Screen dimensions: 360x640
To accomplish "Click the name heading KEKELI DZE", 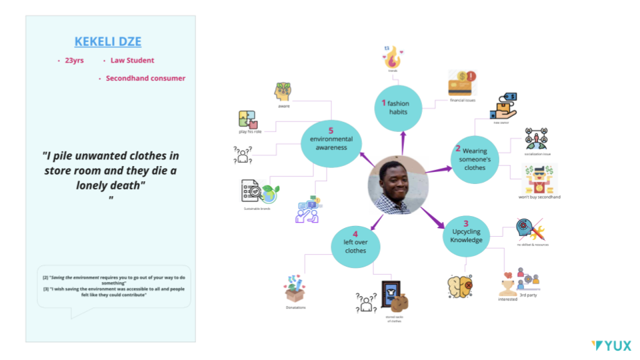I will [108, 41].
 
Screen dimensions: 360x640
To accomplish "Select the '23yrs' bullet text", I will [74, 61].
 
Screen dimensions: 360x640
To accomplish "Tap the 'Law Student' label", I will [132, 61].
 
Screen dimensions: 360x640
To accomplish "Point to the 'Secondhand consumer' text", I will [145, 79].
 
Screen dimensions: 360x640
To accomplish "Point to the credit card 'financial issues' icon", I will [461, 85].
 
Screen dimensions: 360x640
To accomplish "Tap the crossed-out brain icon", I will [460, 286].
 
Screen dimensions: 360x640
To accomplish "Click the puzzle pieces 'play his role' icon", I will [247, 119].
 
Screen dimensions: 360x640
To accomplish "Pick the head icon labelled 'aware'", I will [283, 91].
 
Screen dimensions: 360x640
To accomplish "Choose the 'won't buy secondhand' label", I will [539, 197].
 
